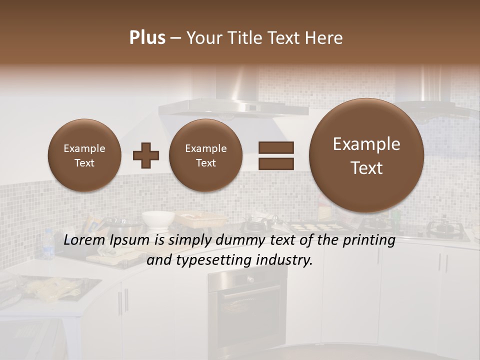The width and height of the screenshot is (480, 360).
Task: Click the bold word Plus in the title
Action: click(x=147, y=38)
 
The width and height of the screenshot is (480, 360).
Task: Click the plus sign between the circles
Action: click(x=146, y=155)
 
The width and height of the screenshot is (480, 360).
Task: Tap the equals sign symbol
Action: click(x=276, y=155)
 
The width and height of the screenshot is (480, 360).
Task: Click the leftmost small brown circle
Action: click(x=84, y=155)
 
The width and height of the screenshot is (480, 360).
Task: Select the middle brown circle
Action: click(x=205, y=155)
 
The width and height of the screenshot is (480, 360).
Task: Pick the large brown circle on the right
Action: click(x=366, y=155)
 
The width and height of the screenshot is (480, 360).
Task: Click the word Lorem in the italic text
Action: click(x=83, y=240)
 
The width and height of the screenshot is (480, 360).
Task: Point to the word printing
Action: click(x=368, y=241)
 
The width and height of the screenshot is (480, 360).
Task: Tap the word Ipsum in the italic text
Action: click(x=132, y=240)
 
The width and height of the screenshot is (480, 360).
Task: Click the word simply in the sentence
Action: click(x=186, y=240)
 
